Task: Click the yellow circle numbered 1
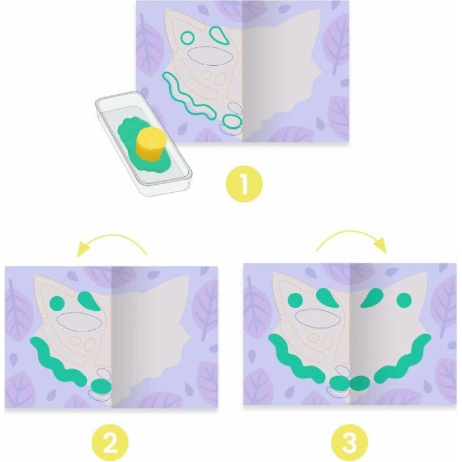coord(244,184)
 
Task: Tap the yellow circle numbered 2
coord(110,443)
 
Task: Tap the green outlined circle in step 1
coord(187,38)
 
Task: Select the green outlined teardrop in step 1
coord(219,35)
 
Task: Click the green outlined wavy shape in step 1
coord(188,96)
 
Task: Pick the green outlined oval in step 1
coord(233,120)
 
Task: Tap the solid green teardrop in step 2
coord(88,300)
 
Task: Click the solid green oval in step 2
coord(101,385)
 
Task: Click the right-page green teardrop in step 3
coord(372,297)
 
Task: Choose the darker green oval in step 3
coord(359,382)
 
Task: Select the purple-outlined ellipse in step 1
coord(210,55)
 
